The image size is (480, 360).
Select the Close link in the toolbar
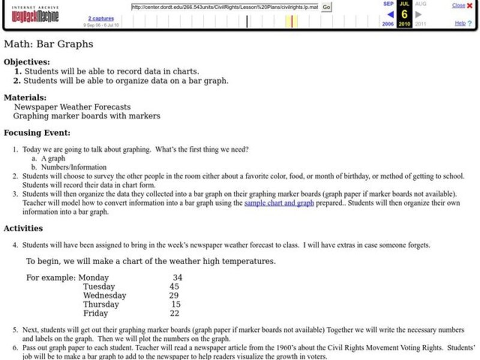click(x=458, y=5)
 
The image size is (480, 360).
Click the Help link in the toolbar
click(x=460, y=23)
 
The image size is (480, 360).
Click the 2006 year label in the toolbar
click(x=388, y=24)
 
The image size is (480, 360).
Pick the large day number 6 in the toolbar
click(x=404, y=14)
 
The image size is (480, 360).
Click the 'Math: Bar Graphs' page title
click(x=49, y=44)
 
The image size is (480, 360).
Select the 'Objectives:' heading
click(x=27, y=61)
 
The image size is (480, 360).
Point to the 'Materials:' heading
click(x=25, y=97)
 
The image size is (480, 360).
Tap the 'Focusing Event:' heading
click(x=37, y=133)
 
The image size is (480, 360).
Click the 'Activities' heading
click(x=23, y=228)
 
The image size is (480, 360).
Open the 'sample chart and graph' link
click(x=279, y=203)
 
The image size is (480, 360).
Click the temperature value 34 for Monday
click(x=177, y=278)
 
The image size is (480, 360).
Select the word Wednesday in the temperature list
click(x=104, y=296)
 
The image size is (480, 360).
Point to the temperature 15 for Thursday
click(x=176, y=305)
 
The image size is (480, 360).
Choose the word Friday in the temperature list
click(x=95, y=314)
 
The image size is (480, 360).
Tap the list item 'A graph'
click(x=53, y=158)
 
